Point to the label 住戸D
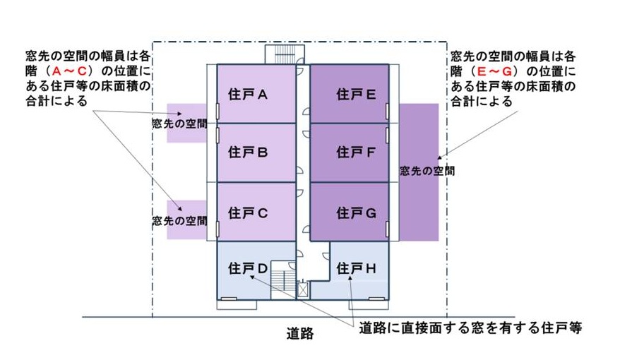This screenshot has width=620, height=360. coord(246,268)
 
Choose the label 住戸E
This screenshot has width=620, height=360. coord(354,93)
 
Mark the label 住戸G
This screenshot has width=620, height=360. coord(354,212)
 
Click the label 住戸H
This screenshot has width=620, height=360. coord(354,268)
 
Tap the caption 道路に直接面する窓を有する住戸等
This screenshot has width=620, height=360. coord(469,329)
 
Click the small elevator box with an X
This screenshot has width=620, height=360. coord(304,288)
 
